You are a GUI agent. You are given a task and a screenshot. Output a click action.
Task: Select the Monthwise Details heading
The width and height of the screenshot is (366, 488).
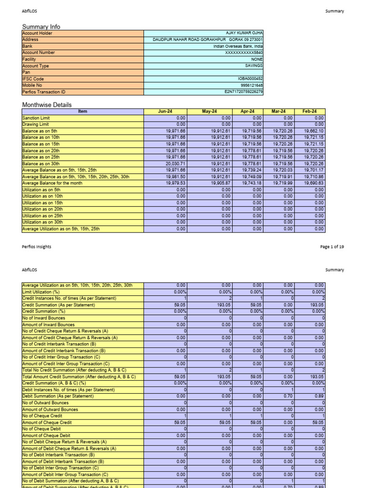tap(47, 104)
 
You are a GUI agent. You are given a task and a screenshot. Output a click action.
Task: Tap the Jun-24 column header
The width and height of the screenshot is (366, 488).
tap(165, 112)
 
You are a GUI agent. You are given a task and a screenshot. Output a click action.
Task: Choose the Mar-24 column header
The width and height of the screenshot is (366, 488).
tap(279, 112)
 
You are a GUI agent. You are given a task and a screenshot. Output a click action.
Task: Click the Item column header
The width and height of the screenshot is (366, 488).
tap(82, 112)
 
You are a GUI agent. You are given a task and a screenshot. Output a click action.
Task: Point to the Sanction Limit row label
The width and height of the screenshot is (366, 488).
tap(36, 118)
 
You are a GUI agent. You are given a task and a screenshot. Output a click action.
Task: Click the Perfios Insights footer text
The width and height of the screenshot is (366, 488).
tap(37, 247)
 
